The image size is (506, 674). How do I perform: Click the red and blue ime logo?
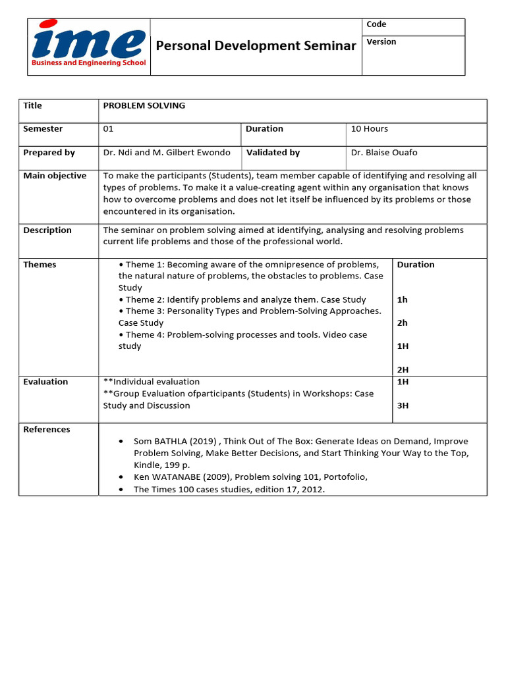88,40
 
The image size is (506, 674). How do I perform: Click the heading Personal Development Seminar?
256,45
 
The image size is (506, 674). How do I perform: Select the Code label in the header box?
376,24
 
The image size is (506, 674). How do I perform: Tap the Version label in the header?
381,41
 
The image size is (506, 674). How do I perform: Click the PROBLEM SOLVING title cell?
144,105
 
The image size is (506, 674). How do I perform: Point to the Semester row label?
43,129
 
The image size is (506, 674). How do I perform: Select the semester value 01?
109,129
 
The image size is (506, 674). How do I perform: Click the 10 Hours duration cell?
370,129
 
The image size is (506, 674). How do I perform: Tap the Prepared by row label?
49,153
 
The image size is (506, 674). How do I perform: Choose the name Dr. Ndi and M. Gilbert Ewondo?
167,153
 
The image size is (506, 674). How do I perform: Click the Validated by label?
273,153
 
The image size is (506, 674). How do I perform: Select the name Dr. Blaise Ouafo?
384,153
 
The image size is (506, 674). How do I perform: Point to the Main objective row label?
55,176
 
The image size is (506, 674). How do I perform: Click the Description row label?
47,230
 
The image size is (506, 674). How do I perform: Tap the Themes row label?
40,265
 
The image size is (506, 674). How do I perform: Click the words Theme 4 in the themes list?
145,335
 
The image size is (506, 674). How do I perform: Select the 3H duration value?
403,405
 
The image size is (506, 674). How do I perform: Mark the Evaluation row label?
45,382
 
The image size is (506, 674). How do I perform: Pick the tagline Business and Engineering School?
88,63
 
